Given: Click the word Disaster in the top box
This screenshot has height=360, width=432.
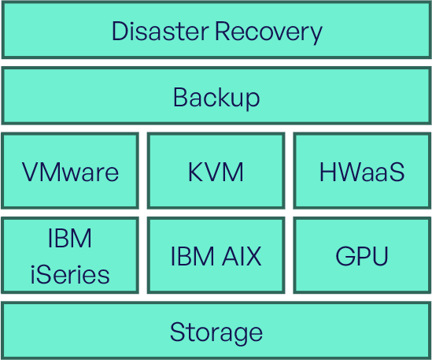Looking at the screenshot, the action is click(x=160, y=31).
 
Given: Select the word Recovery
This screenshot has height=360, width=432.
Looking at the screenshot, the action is click(x=268, y=32).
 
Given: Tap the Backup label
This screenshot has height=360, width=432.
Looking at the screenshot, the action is click(x=216, y=98).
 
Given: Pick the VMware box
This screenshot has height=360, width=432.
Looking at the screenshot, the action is click(x=70, y=170).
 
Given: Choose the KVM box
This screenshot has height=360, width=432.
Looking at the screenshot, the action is click(x=216, y=170).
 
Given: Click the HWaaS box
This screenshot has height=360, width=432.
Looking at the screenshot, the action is click(x=362, y=170).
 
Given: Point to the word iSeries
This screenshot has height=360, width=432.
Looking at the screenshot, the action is click(x=70, y=274).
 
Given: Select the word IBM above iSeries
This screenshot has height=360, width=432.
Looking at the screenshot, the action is click(x=70, y=238).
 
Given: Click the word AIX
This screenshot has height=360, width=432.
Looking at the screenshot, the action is click(x=242, y=256).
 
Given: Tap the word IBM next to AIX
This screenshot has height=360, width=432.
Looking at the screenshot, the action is click(x=193, y=256).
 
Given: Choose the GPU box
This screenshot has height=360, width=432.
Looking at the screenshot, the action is click(x=362, y=255).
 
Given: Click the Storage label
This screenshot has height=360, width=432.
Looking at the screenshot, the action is click(x=216, y=333).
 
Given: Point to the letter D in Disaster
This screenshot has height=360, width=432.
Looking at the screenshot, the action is click(x=120, y=32).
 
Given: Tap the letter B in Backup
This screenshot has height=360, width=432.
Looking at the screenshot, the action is click(x=181, y=97).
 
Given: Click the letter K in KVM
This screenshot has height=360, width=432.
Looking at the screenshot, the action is click(x=196, y=172).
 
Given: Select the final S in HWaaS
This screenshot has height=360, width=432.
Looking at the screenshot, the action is click(x=396, y=172).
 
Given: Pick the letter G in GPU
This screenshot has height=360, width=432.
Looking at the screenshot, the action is click(x=345, y=256).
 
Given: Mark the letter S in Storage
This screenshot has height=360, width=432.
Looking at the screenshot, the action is click(x=179, y=332).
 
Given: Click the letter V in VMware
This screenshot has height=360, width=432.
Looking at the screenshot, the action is click(x=31, y=172).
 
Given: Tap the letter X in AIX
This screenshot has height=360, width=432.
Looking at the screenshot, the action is click(x=253, y=256).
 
